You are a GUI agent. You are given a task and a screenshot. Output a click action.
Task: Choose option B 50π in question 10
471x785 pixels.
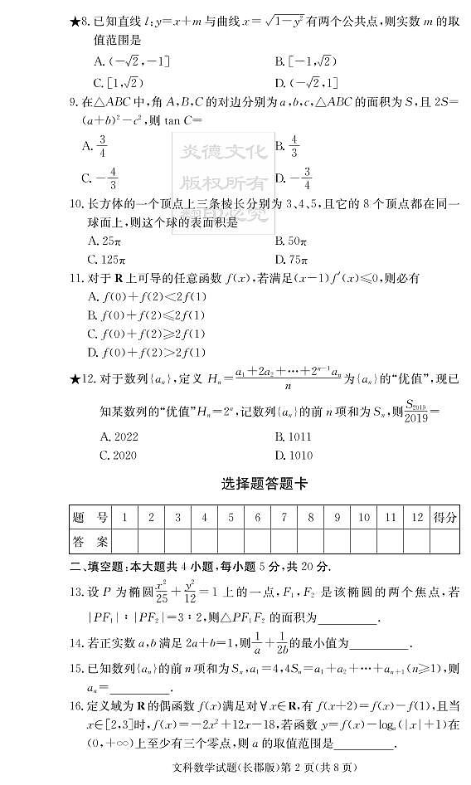point(291,241)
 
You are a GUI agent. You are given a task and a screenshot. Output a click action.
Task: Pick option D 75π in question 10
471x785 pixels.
point(291,260)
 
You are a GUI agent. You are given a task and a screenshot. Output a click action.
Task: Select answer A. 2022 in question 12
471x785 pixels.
point(119,436)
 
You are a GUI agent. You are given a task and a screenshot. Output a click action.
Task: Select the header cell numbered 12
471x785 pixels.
point(417,519)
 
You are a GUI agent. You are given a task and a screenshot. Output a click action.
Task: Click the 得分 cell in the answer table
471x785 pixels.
point(445,519)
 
